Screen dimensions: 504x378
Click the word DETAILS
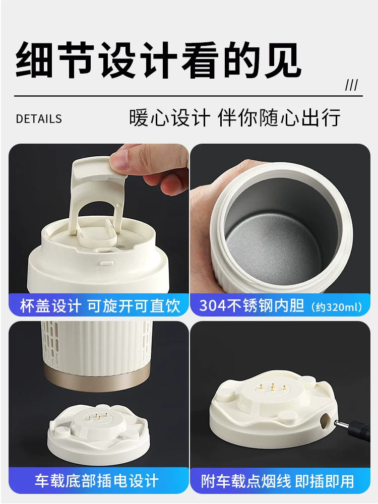[x=39, y=119]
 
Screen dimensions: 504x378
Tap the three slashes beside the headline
[x=351, y=85]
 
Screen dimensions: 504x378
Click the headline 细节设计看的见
[x=158, y=62]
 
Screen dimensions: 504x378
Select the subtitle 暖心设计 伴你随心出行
[x=235, y=118]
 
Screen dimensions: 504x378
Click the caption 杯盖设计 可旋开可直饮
[x=99, y=305]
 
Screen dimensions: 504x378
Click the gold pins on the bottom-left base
[x=94, y=417]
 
